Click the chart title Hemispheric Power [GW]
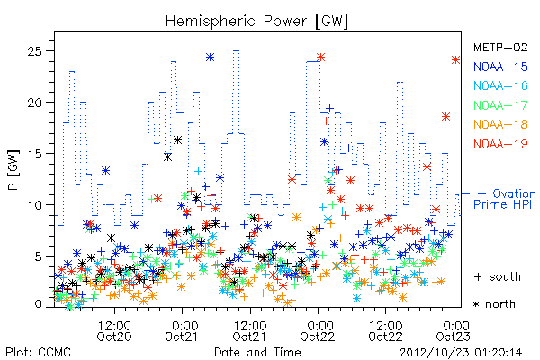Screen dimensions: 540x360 (256, 21)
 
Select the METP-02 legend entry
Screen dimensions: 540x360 (500, 47)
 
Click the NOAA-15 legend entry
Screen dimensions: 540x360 (500, 67)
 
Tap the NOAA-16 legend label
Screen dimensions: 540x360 (500, 85)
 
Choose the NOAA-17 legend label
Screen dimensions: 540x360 (500, 105)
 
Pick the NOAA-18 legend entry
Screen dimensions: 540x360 (500, 124)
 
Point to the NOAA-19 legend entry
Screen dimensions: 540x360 (500, 144)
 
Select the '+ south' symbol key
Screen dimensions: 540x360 (498, 276)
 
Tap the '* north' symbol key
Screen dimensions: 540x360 (494, 304)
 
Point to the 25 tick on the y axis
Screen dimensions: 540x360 (34, 51)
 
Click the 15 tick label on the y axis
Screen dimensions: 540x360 (34, 154)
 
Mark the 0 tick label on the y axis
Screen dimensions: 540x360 (38, 304)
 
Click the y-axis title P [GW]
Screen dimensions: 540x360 (13, 170)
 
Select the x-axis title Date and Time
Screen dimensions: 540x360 (257, 352)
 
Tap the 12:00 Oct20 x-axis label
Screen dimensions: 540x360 (114, 330)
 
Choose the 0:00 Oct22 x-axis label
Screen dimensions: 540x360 (318, 330)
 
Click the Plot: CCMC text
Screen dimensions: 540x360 (38, 352)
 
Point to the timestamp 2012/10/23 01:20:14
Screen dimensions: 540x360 (461, 353)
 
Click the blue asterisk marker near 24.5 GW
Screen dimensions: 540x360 (210, 58)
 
